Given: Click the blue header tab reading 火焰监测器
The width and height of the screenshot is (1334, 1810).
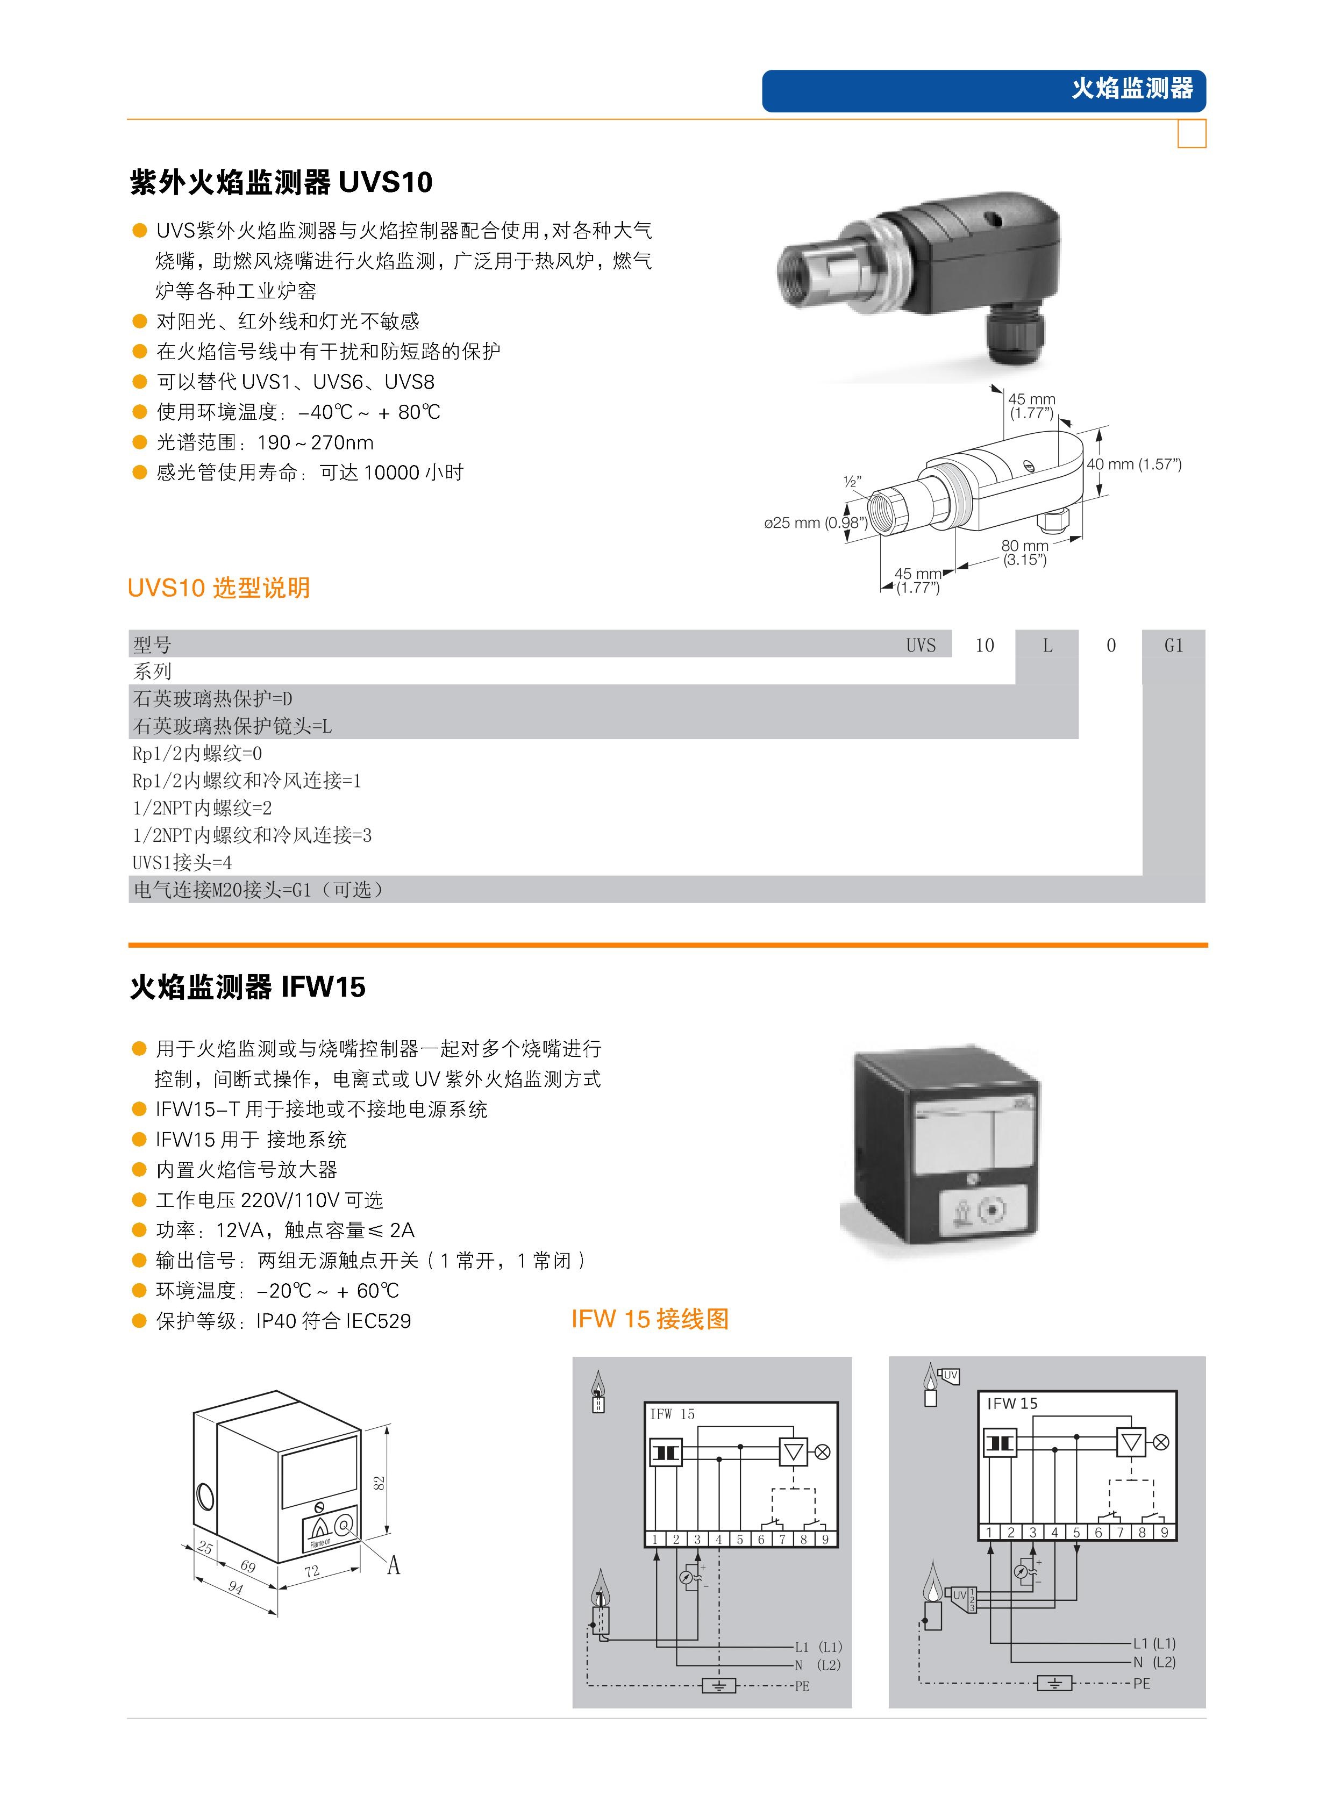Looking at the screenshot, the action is point(983,90).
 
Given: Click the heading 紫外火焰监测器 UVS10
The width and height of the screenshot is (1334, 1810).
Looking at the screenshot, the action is point(281,182).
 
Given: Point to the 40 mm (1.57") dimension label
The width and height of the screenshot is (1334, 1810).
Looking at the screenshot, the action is point(1134,464).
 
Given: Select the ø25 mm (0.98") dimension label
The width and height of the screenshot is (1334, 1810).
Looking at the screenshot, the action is point(816,523).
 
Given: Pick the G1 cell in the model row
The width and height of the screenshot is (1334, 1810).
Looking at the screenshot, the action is point(1173,645).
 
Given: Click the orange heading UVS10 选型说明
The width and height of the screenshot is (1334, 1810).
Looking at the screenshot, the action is point(219,588).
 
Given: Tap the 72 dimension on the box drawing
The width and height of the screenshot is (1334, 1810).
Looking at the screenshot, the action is point(312,1571).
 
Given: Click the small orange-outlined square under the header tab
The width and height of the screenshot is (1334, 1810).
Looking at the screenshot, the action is point(1192,134).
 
